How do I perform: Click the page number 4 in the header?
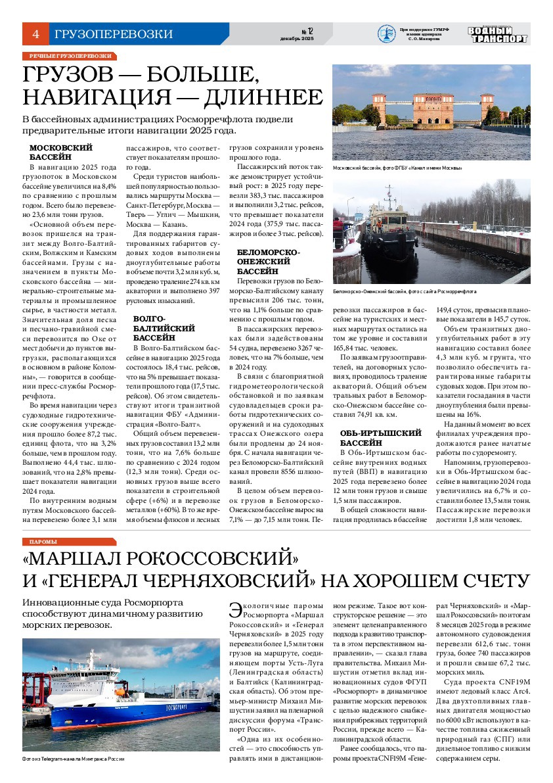35,34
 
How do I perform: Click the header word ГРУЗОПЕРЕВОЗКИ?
114,34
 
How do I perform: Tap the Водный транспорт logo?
497,34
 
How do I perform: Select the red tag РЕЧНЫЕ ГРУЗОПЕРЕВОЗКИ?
70,57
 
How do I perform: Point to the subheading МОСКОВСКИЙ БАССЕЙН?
61,153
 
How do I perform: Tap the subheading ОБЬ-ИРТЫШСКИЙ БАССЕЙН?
380,438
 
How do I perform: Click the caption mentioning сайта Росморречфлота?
405,291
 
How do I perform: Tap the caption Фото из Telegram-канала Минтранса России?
73,759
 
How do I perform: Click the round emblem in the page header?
386,34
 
